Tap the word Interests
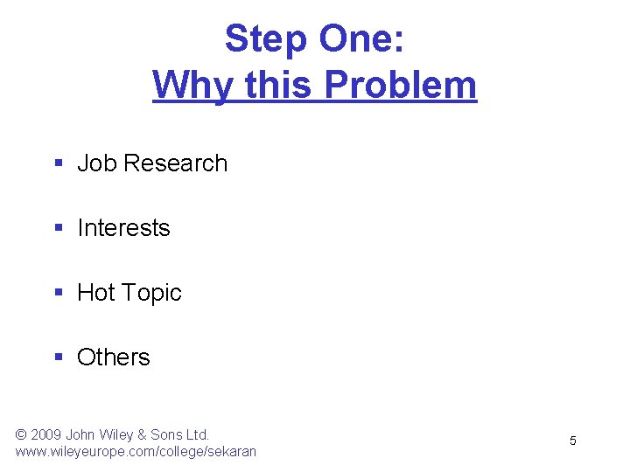(x=123, y=228)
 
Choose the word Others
(x=114, y=357)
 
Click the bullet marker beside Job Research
(x=59, y=163)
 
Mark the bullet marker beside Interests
(x=59, y=228)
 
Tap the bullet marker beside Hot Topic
(x=59, y=293)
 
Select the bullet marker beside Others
(x=59, y=357)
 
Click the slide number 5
(x=573, y=441)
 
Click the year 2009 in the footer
(x=49, y=434)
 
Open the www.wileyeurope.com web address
(x=136, y=452)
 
